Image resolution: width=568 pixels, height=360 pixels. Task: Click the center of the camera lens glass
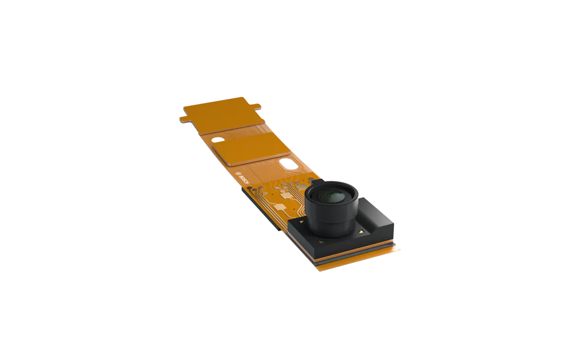point(331,196)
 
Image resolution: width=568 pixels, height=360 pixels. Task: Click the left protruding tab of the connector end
point(185,119)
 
